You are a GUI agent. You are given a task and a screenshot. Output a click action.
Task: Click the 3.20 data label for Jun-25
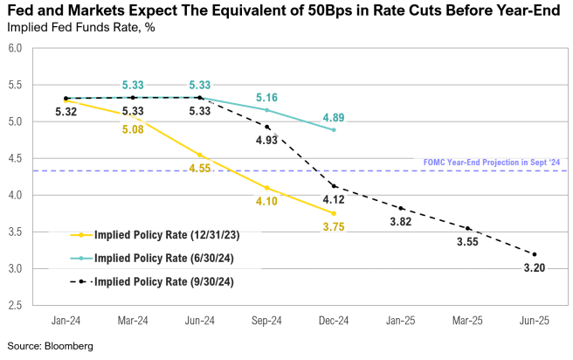pyautogui.click(x=534, y=268)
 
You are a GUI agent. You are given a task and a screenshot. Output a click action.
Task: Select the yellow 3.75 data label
pyautogui.click(x=334, y=227)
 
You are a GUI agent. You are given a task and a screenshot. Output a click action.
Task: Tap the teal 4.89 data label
pyautogui.click(x=334, y=117)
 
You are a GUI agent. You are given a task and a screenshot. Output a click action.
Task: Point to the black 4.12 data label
pyautogui.click(x=334, y=200)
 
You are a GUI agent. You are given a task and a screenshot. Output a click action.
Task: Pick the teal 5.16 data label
pyautogui.click(x=266, y=97)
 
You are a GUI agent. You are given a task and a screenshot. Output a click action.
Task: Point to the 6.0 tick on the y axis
pyautogui.click(x=16, y=48)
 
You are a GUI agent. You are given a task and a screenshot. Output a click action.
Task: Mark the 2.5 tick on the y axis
pyautogui.click(x=16, y=305)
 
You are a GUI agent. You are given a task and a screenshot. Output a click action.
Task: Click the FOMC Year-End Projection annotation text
pyautogui.click(x=491, y=163)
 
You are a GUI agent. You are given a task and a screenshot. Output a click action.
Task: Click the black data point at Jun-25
pyautogui.click(x=534, y=254)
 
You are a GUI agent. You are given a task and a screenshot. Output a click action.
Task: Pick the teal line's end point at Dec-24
pyautogui.click(x=334, y=130)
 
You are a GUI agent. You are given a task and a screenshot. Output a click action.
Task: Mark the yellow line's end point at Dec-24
pyautogui.click(x=334, y=213)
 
